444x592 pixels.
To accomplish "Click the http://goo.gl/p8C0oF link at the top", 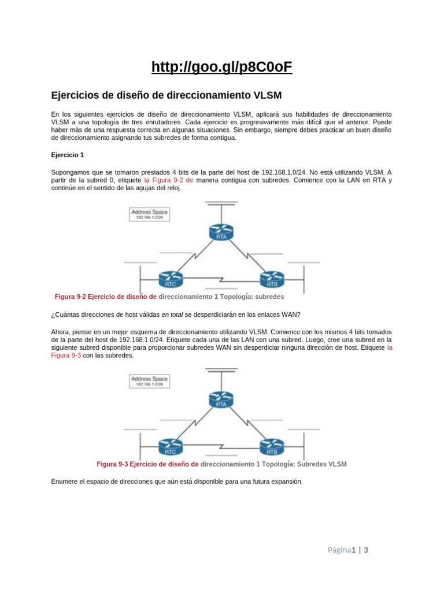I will (x=222, y=68).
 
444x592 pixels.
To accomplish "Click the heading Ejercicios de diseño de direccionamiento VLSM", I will (x=166, y=94).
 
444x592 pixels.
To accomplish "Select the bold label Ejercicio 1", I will (x=68, y=155).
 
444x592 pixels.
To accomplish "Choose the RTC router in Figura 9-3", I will (x=171, y=446).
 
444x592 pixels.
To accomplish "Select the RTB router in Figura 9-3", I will (x=272, y=446).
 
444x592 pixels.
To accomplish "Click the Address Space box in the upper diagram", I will (x=150, y=214).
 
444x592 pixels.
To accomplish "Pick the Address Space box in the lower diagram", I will (x=150, y=381).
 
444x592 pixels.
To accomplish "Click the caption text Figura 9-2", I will (x=71, y=297).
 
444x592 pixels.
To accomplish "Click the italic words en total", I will (x=173, y=314).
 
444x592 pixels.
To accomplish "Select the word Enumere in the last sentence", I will (x=65, y=481).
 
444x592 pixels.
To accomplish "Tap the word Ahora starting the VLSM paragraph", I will (x=61, y=332).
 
